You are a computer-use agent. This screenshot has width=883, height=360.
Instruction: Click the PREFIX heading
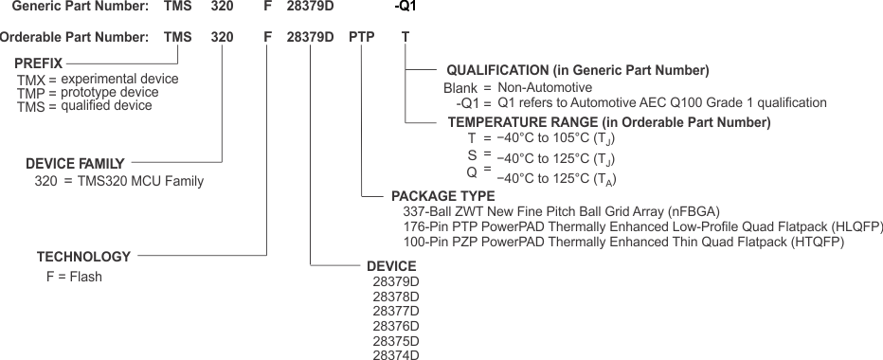pos(39,63)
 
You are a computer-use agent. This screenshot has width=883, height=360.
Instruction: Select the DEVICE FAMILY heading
pos(75,163)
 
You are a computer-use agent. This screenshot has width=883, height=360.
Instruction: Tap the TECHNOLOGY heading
pos(83,257)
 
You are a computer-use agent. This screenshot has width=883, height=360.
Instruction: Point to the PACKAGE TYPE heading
pos(443,196)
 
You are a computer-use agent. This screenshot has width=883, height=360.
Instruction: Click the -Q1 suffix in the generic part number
pos(405,7)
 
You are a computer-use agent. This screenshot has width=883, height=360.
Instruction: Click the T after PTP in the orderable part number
pos(405,38)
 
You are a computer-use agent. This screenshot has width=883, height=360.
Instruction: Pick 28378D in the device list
pos(396,296)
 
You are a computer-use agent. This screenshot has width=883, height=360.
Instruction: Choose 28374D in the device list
pos(396,354)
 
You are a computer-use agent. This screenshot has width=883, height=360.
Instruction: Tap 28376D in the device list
pos(396,325)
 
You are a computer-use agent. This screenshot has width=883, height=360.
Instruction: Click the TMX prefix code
pos(30,80)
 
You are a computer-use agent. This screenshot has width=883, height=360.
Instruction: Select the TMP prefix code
pos(30,93)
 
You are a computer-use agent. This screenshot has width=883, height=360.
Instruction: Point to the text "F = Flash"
pos(74,277)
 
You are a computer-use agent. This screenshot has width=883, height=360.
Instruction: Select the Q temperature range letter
pos(472,172)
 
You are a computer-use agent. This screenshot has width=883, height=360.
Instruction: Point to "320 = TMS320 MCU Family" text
pos(119,181)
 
